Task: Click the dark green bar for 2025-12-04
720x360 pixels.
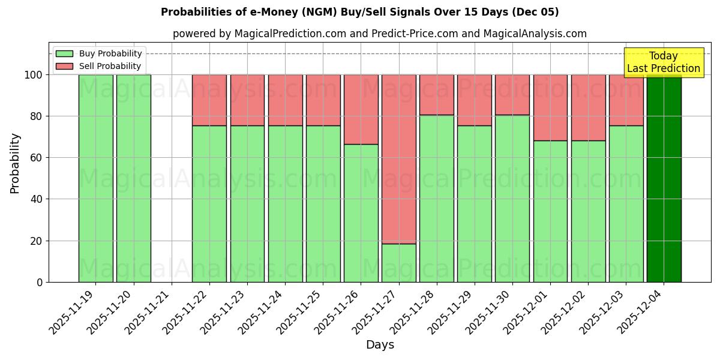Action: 664,178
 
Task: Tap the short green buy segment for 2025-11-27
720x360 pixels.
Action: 398,263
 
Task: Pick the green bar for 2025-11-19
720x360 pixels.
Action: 95,178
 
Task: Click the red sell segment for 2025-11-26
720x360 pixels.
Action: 361,109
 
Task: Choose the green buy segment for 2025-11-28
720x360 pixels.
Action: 436,198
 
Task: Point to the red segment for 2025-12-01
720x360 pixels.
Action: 550,107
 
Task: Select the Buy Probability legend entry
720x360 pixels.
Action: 99,53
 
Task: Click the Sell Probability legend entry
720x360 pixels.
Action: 99,66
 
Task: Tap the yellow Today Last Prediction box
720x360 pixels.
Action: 663,62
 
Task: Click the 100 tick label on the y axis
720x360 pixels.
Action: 33,75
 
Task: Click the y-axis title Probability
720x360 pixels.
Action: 15,163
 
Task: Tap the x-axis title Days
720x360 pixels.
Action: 380,345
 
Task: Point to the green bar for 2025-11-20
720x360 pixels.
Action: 133,178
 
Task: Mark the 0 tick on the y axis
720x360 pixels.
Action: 40,282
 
